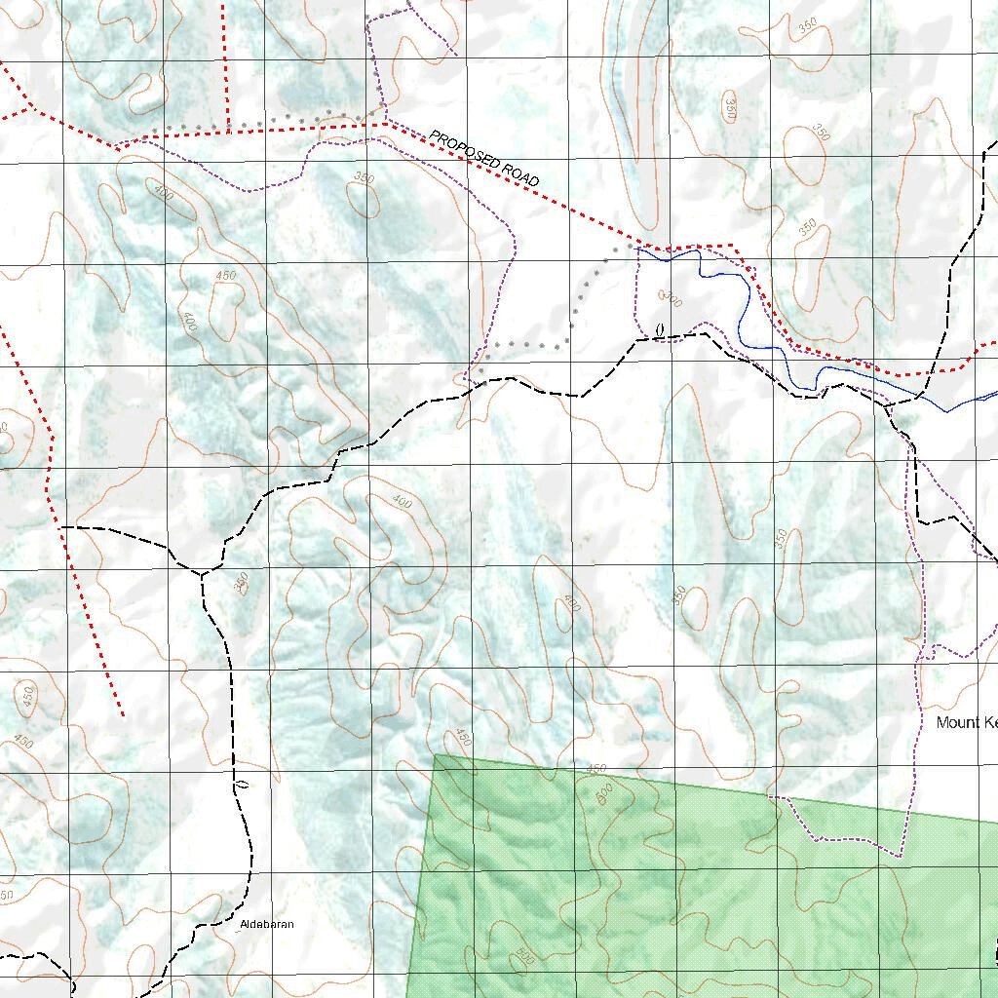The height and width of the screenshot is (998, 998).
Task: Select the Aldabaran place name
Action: (x=267, y=924)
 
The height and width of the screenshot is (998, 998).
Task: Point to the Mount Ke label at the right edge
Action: (x=967, y=722)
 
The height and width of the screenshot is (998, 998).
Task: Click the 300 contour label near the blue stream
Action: (x=672, y=299)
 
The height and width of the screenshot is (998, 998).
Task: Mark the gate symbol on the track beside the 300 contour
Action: (x=660, y=331)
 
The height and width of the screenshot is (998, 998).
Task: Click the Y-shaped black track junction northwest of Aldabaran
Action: (x=202, y=574)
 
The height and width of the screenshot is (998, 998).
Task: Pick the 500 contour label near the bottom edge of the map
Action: (x=523, y=959)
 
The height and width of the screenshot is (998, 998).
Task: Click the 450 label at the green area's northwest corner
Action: (x=462, y=738)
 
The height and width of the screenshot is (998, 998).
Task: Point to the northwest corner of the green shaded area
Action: (x=436, y=754)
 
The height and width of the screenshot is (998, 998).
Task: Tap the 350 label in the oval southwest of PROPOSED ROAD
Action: (x=364, y=178)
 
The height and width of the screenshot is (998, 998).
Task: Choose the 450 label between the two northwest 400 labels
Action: (x=225, y=276)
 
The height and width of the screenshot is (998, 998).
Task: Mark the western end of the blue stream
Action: (x=636, y=248)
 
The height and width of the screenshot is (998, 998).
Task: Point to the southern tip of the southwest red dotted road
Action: (x=123, y=715)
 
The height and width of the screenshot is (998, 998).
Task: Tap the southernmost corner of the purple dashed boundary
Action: (x=899, y=855)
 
